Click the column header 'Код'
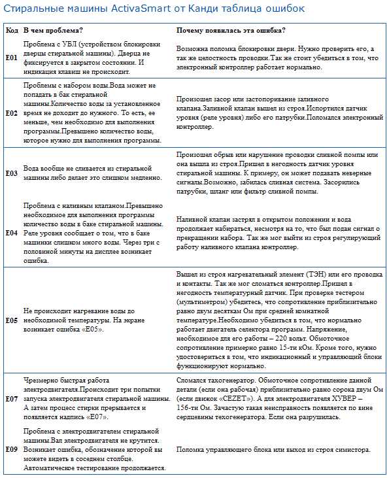12,31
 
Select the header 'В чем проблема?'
53,31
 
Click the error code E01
12,58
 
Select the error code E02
12,112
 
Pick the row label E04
12,232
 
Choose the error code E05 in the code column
12,320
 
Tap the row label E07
12,398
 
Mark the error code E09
12,449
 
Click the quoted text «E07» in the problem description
96,417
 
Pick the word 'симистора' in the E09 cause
350,450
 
